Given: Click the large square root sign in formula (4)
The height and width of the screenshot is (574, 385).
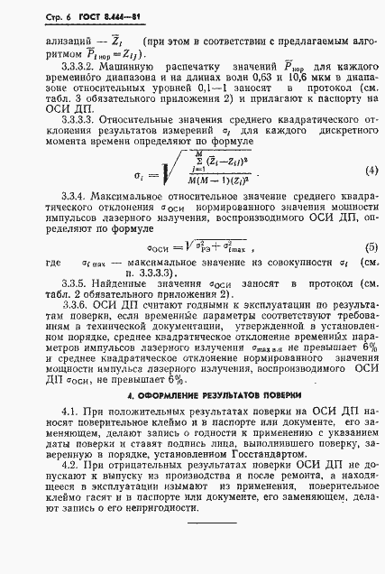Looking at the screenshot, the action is click(139, 220).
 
